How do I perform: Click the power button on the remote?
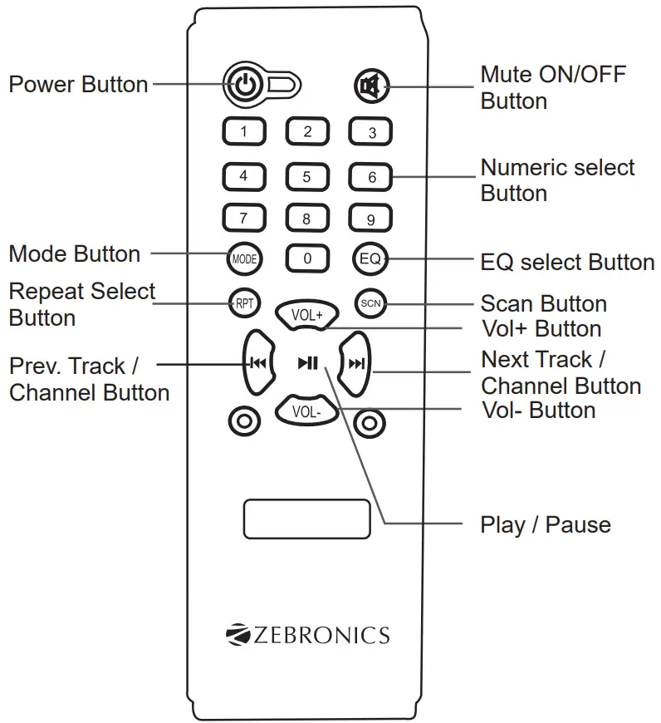243,84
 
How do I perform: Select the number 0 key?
307,258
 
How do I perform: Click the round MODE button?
243,258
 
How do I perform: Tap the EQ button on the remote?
370,258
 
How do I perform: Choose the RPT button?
243,303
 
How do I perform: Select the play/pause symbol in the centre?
308,362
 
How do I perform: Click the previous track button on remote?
257,362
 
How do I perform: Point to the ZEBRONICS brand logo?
307,636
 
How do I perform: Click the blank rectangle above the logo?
306,519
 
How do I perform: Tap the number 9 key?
370,220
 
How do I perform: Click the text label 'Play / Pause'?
545,525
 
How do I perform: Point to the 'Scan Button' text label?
543,303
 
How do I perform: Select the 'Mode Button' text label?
74,253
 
